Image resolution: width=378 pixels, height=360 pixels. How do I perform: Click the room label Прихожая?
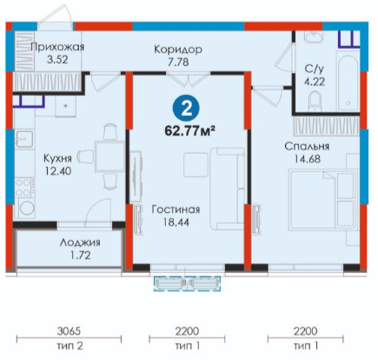[x=57, y=47]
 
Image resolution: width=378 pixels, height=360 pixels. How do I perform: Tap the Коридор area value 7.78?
[x=178, y=62]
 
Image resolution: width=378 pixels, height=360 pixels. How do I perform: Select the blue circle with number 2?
[x=186, y=110]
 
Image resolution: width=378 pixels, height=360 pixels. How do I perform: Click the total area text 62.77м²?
[x=189, y=131]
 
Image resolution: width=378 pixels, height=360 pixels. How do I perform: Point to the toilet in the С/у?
[x=315, y=101]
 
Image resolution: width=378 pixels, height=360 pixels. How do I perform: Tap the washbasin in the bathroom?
[x=313, y=37]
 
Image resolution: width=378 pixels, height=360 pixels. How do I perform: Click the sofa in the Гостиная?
[x=228, y=189]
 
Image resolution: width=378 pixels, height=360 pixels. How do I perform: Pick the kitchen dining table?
[x=109, y=157]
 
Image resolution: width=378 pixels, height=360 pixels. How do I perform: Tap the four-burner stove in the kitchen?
[x=23, y=188]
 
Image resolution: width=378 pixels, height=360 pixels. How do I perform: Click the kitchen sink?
[x=24, y=139]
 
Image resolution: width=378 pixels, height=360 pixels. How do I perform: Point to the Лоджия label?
[x=80, y=243]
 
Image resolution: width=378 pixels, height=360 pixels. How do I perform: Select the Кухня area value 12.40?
[x=58, y=171]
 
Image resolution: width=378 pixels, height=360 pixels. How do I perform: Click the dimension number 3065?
[x=69, y=331]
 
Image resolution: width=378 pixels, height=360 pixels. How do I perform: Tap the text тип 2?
[x=70, y=346]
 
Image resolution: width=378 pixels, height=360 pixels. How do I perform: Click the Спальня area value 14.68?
[x=308, y=159]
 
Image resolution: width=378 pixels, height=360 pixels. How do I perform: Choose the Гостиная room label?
[x=176, y=210]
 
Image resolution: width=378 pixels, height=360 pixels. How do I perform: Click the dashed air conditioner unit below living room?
[x=187, y=283]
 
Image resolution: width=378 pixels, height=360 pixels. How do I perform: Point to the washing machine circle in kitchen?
[x=27, y=208]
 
